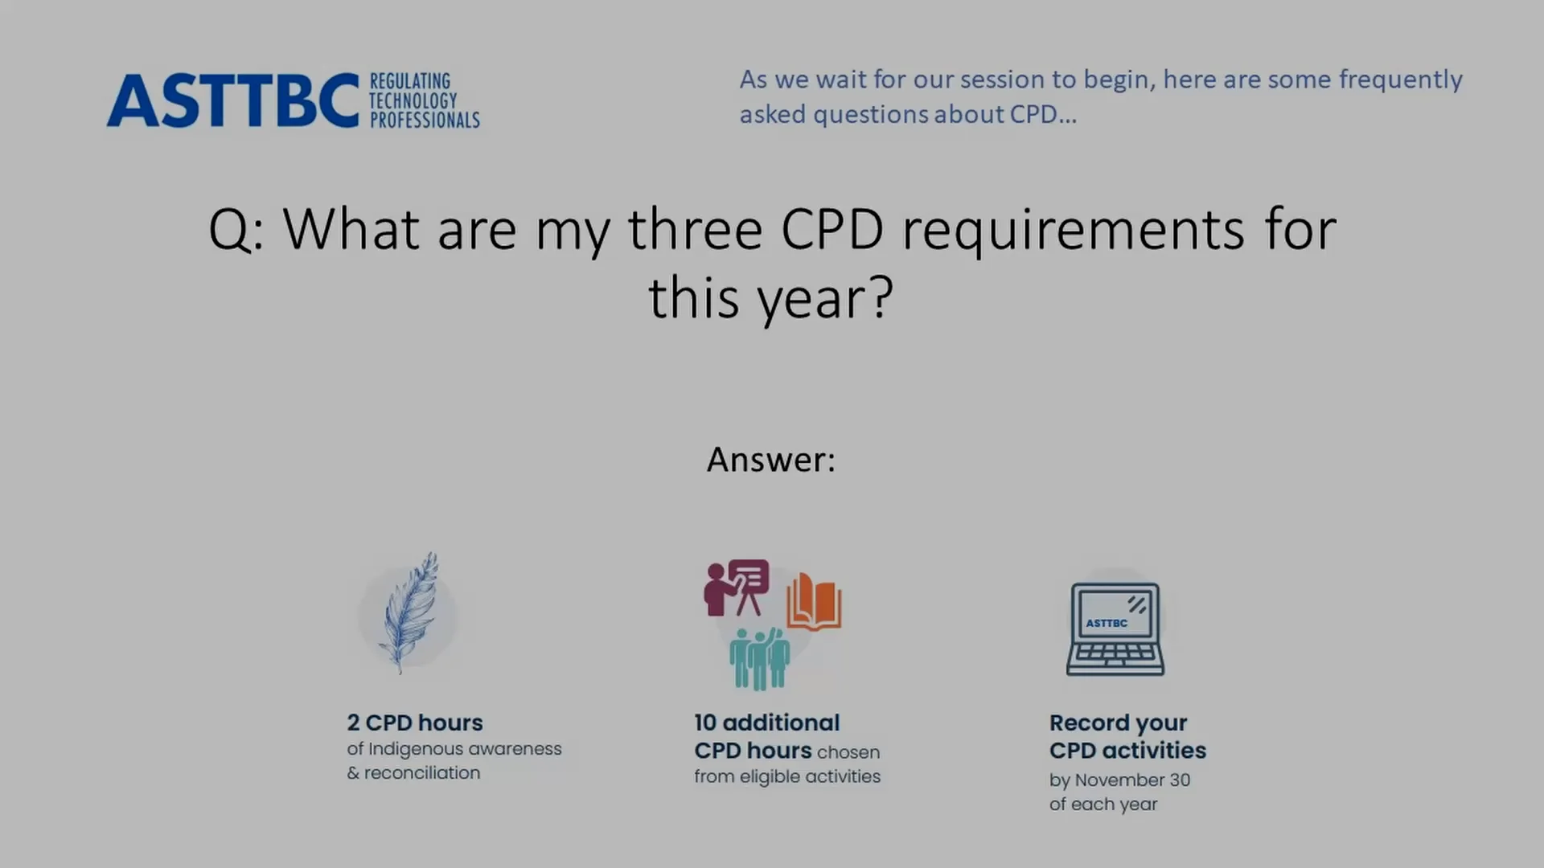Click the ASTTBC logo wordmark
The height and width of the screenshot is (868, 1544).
coord(233,100)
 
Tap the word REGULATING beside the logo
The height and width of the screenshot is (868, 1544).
coord(410,81)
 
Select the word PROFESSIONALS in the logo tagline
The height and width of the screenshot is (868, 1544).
coord(425,120)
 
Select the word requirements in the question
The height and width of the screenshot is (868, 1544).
coord(1074,231)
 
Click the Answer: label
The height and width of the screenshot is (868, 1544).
coord(771,460)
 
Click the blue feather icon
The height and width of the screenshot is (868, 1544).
coord(410,612)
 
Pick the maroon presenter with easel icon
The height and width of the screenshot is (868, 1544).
coord(737,588)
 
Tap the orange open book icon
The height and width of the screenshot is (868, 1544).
coord(814,601)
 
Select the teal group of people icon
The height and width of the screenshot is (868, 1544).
coord(760,659)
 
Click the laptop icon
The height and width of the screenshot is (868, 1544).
coord(1115,628)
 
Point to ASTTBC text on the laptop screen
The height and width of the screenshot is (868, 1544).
coord(1107,623)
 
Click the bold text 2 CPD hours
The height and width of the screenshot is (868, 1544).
coord(415,723)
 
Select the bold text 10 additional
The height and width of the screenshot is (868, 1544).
coord(767,723)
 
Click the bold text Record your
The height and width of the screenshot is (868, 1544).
coord(1118,723)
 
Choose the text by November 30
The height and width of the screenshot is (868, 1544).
coord(1119,780)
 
